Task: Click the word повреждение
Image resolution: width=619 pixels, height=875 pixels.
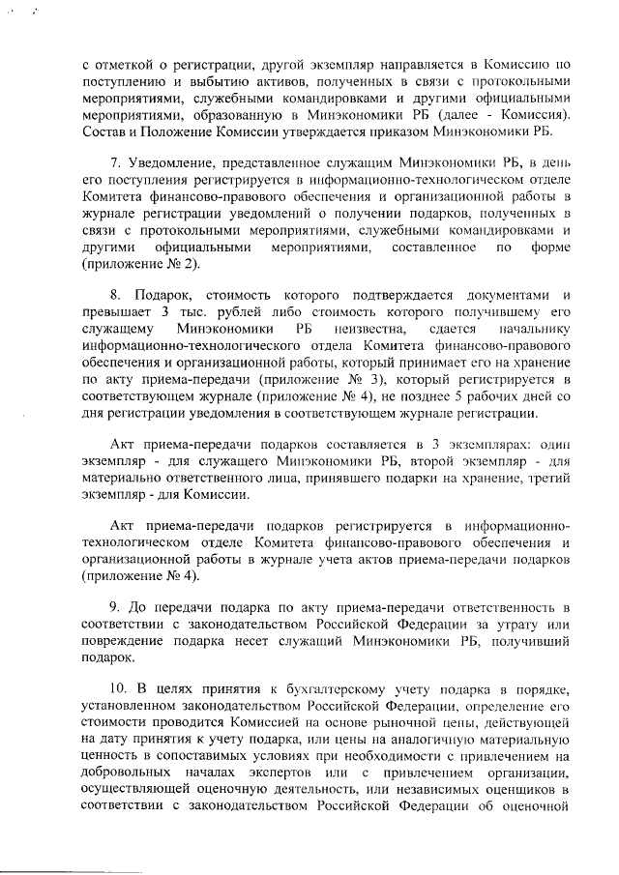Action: (x=126, y=643)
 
